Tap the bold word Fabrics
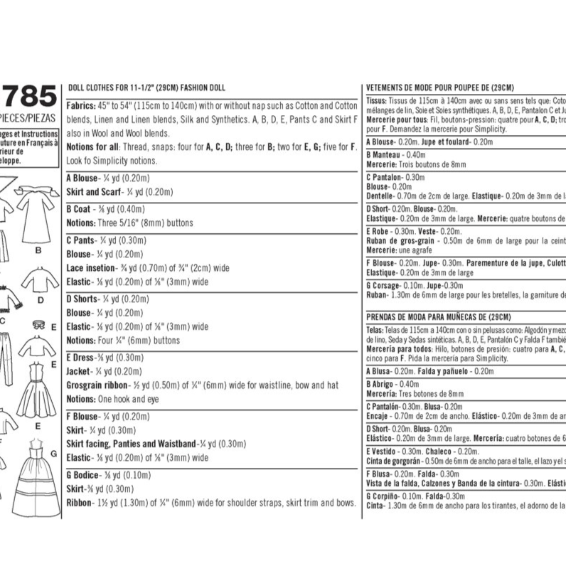pos(80,104)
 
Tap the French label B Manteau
pos(385,154)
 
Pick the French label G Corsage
pos(385,285)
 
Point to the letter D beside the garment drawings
pos(41,299)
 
